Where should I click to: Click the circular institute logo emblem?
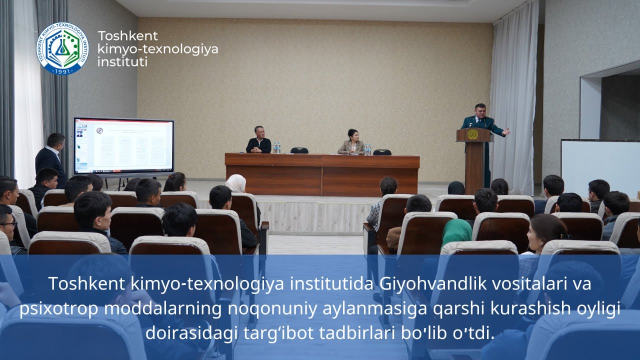62,48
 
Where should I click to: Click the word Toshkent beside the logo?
127,36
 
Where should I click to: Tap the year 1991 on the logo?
62,70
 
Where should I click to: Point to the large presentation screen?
123,146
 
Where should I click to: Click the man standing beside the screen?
51,157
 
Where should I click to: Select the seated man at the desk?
258,140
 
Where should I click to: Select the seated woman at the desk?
351,142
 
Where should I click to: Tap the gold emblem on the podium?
472,134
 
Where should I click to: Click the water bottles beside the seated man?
276,148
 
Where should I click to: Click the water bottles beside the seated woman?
367,149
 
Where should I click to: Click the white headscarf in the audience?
235,183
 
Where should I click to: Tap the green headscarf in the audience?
456,231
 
